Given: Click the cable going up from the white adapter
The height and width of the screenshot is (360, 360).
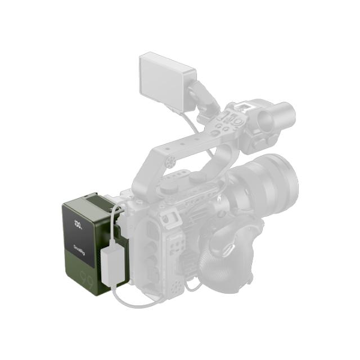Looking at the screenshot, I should [115, 219].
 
